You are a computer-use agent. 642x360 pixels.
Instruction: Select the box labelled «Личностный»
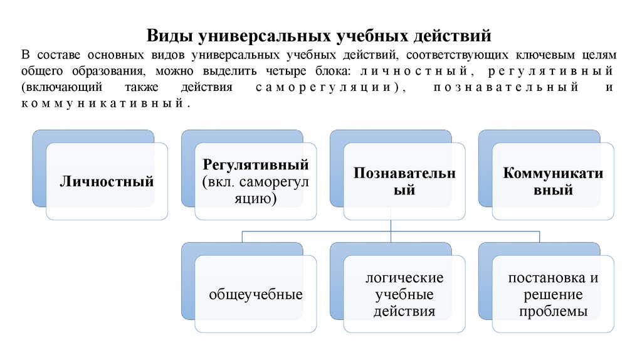(107, 183)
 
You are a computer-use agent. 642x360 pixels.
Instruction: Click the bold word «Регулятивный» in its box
(256, 165)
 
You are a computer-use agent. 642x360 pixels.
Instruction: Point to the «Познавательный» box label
(404, 181)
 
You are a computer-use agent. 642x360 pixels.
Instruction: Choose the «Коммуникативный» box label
(553, 181)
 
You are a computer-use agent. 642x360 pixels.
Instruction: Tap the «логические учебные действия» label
(404, 294)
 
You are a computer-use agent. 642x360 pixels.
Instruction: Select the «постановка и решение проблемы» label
(553, 294)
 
